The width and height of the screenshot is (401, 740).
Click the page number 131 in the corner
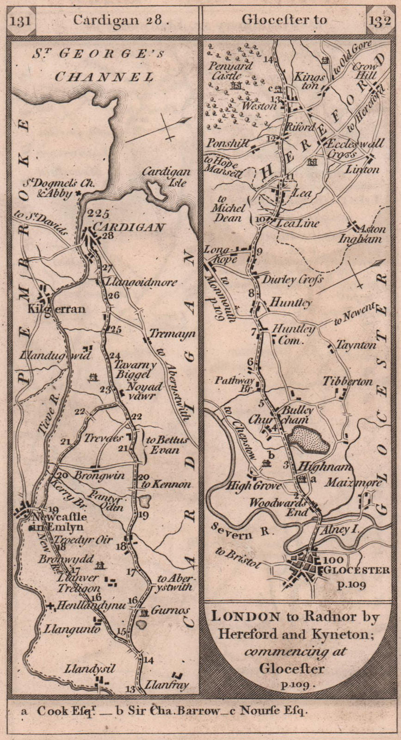point(21,20)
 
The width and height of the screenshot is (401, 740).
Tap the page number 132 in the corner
point(380,20)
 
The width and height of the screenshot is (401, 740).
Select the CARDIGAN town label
point(130,227)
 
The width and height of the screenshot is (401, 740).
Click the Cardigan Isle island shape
point(156,191)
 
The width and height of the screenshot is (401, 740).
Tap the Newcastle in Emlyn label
point(56,521)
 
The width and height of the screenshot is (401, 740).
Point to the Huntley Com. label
point(293,335)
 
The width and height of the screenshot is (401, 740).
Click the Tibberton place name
point(347,381)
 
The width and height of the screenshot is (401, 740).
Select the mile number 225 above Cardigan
point(97,214)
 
